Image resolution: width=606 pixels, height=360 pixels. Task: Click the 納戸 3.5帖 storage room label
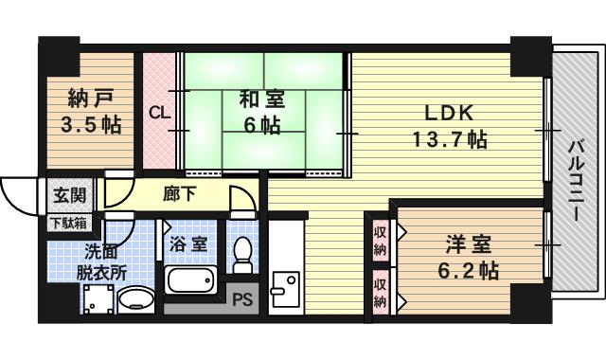[x=94, y=112]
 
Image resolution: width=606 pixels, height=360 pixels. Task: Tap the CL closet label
[x=160, y=111]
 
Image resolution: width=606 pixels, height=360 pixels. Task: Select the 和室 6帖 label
[x=254, y=112]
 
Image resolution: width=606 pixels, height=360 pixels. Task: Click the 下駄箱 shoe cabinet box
[x=68, y=224]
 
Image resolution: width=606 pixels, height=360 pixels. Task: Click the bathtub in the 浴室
[x=192, y=281]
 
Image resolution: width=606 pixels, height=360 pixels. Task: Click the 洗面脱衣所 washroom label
[x=102, y=261]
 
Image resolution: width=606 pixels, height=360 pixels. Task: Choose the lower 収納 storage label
[x=380, y=293]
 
